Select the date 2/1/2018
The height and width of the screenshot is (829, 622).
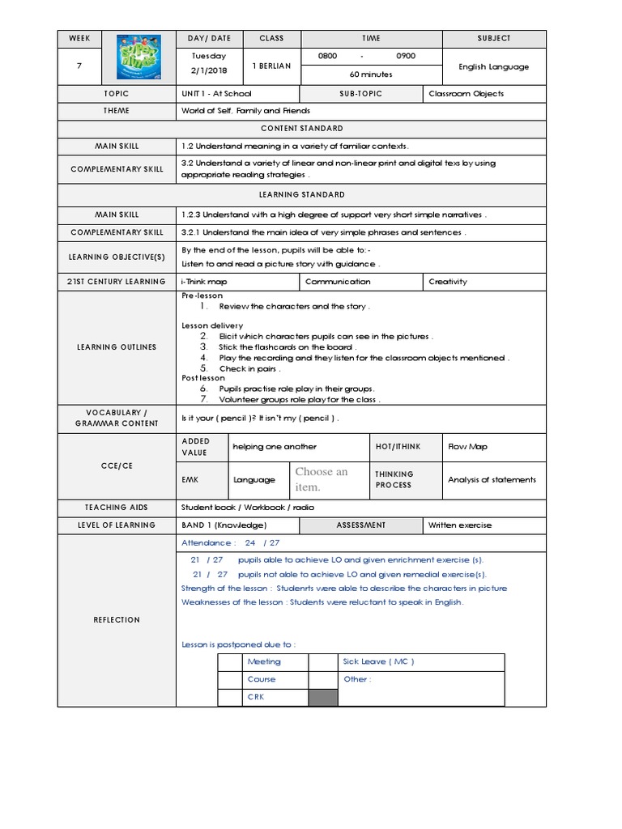(x=210, y=70)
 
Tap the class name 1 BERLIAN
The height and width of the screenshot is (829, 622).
(x=271, y=66)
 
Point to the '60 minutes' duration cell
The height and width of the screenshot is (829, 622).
(x=371, y=74)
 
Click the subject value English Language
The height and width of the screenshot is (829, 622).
(x=493, y=66)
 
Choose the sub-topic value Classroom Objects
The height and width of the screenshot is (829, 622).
(x=466, y=94)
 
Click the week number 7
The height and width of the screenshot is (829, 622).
(x=79, y=66)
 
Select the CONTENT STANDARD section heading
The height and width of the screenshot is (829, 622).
(x=301, y=129)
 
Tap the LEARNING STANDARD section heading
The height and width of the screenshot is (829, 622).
(x=301, y=195)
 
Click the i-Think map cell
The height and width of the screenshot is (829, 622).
(x=204, y=282)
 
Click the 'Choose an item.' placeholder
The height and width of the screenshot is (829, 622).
(x=322, y=479)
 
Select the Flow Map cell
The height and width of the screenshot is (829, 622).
(x=468, y=446)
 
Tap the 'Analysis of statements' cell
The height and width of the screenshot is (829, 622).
(x=492, y=480)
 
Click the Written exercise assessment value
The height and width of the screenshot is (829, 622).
(x=460, y=525)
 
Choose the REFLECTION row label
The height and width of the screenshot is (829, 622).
(x=117, y=620)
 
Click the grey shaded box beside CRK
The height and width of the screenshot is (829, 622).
(x=323, y=697)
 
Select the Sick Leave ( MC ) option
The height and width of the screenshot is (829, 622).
(x=378, y=661)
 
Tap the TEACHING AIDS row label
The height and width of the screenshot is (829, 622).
(x=117, y=508)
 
